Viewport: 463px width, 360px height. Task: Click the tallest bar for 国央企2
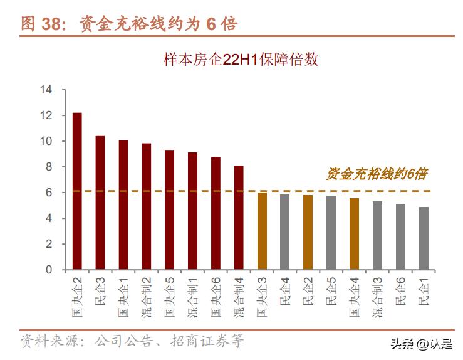tap(77, 191)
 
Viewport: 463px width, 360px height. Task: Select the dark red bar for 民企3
tap(100, 203)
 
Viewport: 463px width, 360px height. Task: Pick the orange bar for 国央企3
tap(262, 231)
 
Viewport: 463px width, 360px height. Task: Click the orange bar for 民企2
tap(308, 232)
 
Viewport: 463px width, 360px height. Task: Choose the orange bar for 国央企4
tap(354, 234)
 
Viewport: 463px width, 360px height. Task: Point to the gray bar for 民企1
tap(424, 238)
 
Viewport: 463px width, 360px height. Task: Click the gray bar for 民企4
tap(284, 232)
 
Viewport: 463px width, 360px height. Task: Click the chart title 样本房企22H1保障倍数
tap(241, 60)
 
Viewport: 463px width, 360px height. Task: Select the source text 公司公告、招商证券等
tap(169, 341)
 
